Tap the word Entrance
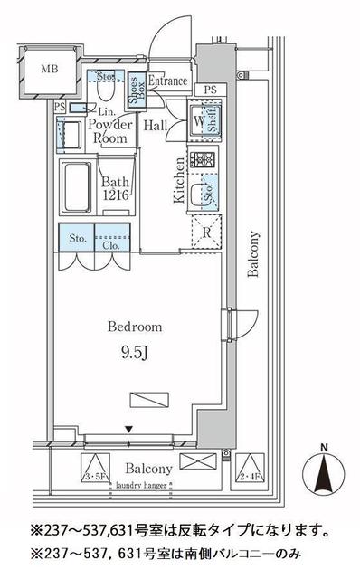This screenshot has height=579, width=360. [168, 81]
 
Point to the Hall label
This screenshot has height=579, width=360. [153, 126]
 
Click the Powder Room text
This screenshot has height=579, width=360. [112, 132]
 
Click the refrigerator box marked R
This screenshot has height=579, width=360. [206, 231]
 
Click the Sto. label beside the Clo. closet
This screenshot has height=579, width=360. [77, 240]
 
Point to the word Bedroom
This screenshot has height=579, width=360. [135, 327]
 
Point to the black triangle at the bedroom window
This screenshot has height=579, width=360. [129, 429]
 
